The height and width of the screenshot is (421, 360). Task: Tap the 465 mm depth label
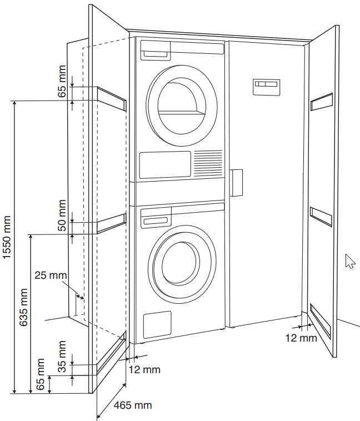(x=132, y=405)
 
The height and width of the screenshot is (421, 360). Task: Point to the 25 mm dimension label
(x=50, y=275)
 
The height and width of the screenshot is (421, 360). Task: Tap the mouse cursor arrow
(x=349, y=261)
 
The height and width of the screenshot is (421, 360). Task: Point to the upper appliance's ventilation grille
(x=208, y=164)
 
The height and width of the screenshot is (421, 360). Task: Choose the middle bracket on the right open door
(x=321, y=216)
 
